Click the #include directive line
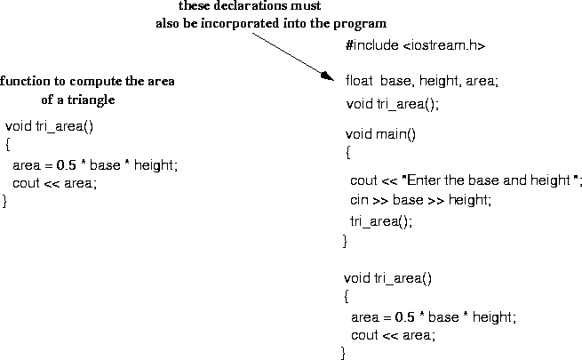415,45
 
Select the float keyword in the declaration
357,81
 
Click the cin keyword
359,201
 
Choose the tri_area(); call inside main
381,221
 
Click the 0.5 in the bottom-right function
404,316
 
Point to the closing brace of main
345,241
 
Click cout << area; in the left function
54,183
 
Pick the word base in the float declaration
395,81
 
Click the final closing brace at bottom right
343,354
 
